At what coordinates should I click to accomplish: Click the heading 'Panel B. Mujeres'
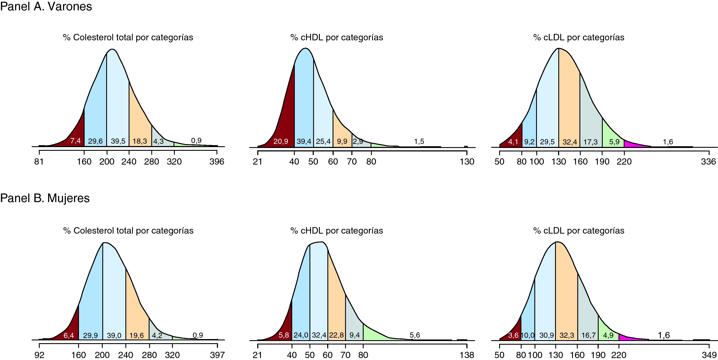45,198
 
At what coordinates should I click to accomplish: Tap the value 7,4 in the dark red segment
76,141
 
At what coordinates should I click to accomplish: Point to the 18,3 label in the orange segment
140,141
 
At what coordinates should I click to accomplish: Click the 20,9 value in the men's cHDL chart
281,141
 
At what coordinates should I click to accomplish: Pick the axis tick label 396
217,162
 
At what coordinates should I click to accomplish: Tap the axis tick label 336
708,162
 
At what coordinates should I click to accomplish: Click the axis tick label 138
467,355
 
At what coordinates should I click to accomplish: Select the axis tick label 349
709,355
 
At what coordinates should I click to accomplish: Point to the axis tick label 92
39,355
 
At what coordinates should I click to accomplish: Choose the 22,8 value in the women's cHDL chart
336,335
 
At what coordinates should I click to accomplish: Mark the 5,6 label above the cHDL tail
415,335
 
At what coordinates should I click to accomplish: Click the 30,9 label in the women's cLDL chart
547,335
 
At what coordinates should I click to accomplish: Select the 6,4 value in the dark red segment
69,335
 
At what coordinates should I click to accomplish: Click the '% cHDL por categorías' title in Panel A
337,37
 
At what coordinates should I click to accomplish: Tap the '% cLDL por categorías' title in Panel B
579,231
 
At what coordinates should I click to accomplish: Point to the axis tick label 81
39,162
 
